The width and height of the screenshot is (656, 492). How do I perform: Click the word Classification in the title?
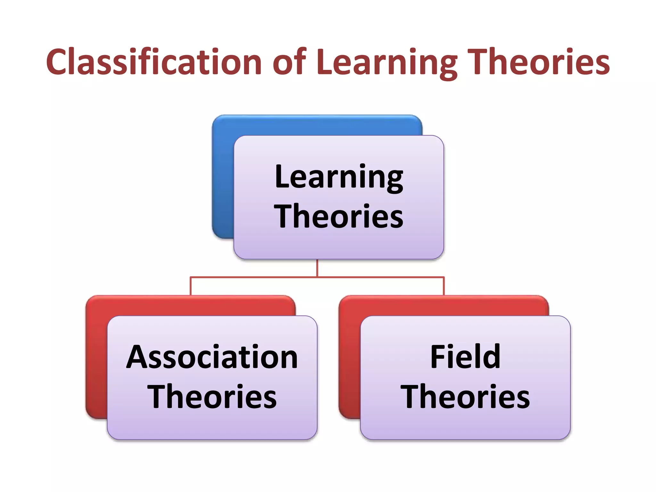click(154, 62)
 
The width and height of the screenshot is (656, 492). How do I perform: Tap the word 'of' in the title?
click(289, 62)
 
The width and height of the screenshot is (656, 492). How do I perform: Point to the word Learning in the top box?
click(339, 177)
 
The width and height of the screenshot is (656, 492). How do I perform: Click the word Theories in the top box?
click(339, 217)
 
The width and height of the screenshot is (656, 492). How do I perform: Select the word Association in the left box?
click(212, 357)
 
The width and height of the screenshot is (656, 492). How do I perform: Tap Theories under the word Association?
click(212, 397)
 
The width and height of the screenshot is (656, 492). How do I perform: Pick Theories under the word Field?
click(465, 397)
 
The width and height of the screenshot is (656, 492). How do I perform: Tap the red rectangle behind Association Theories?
click(96, 359)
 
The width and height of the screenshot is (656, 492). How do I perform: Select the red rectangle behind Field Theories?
click(349, 359)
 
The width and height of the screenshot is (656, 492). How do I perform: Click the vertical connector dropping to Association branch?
click(191, 286)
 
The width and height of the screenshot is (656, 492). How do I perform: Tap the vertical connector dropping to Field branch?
click(444, 286)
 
